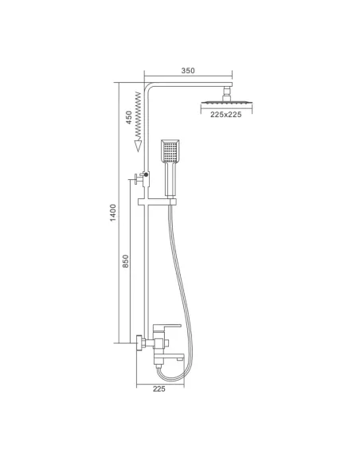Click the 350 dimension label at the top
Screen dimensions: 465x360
pos(188,71)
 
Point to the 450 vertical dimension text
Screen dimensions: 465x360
pos(127,117)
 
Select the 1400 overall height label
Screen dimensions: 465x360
pos(113,213)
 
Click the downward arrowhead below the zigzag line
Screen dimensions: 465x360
pos(138,146)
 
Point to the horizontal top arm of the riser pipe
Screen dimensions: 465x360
pos(191,84)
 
